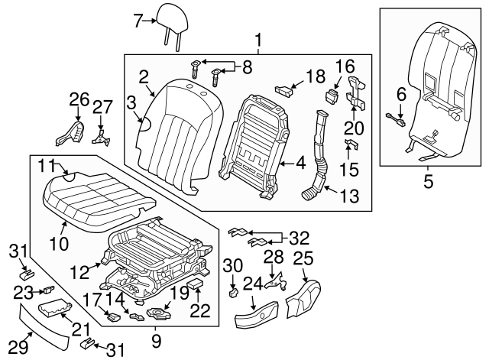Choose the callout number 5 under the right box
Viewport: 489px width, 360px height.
point(427,182)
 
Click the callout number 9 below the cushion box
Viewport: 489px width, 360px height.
point(156,337)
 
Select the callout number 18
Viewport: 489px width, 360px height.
point(315,76)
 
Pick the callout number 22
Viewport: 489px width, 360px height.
point(199,310)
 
